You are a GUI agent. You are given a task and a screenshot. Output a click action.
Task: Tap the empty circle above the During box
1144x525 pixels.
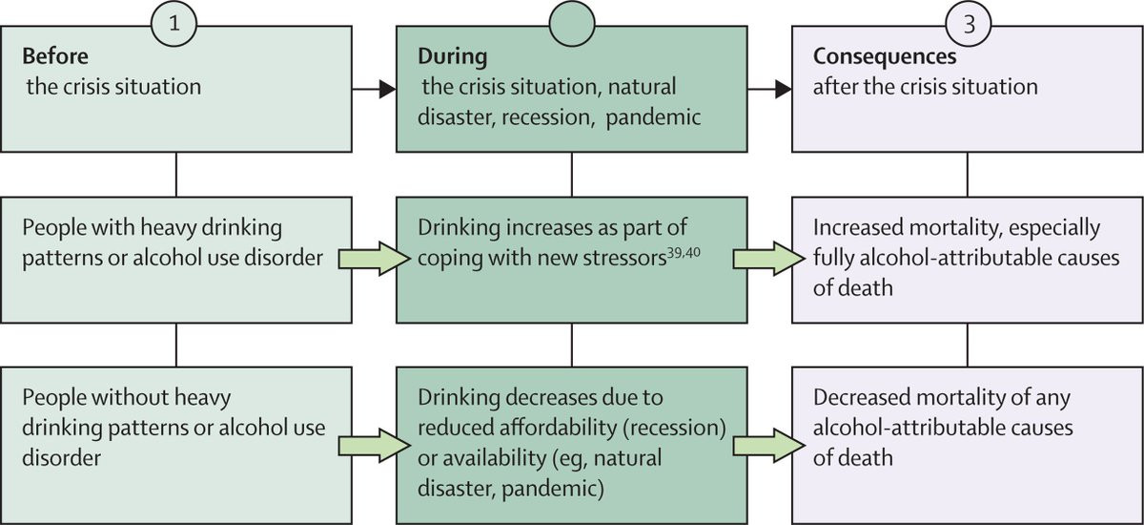point(571,23)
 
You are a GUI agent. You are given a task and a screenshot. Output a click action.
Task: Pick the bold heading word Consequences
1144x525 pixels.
point(873,57)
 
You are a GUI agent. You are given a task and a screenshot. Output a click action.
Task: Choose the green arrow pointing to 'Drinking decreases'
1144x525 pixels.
point(366,440)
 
